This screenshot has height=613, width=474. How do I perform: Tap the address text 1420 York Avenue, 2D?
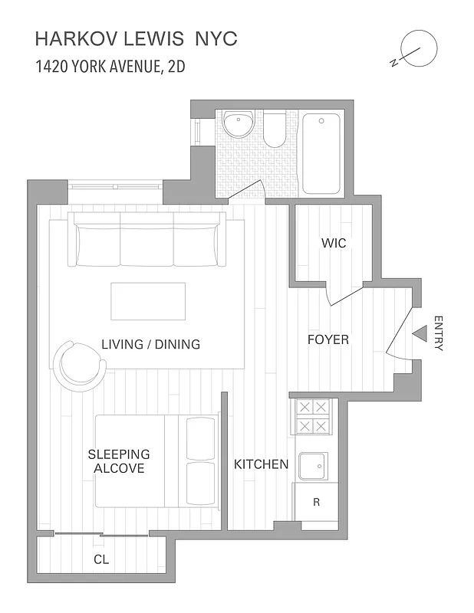pyautogui.click(x=110, y=66)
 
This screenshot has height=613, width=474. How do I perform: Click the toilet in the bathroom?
pyautogui.click(x=275, y=131)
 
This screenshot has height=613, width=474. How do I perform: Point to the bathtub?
pyautogui.click(x=321, y=153)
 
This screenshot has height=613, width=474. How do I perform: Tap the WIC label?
pyautogui.click(x=334, y=244)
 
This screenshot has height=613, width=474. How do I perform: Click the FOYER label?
pyautogui.click(x=328, y=339)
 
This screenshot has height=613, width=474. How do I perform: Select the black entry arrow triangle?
pyautogui.click(x=420, y=334)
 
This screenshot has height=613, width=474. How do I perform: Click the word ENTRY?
pyautogui.click(x=439, y=333)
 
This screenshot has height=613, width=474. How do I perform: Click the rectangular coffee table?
pyautogui.click(x=148, y=301)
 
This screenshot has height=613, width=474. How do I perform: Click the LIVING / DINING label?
pyautogui.click(x=150, y=345)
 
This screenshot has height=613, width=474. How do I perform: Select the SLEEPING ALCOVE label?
pyautogui.click(x=118, y=461)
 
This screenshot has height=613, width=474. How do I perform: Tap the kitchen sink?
pyautogui.click(x=313, y=465)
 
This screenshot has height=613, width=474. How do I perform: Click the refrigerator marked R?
pyautogui.click(x=316, y=502)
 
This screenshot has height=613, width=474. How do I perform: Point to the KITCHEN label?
pyautogui.click(x=261, y=464)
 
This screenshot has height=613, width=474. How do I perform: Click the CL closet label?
pyautogui.click(x=100, y=560)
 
